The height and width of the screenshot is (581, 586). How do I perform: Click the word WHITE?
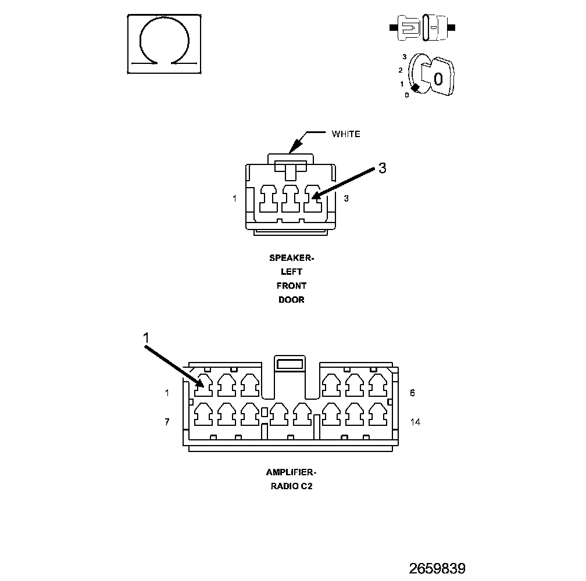[x=346, y=134]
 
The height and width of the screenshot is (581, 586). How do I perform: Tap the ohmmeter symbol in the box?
[x=165, y=45]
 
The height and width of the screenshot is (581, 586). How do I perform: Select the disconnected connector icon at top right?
[x=423, y=28]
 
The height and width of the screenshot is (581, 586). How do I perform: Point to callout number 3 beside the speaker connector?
[x=382, y=168]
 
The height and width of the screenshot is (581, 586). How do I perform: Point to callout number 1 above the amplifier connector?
[x=146, y=338]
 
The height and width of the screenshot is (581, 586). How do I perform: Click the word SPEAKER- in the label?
[x=291, y=257]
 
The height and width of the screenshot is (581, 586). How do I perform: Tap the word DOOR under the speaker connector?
[x=291, y=300]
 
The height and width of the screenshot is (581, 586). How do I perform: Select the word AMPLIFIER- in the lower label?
[x=291, y=472]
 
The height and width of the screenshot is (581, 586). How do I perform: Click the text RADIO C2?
[x=291, y=487]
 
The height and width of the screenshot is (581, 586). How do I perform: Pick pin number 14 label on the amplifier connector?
[x=415, y=422]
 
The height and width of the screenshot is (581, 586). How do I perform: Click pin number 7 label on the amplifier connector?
[x=167, y=422]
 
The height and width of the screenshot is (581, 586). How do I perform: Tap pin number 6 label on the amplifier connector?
[x=412, y=393]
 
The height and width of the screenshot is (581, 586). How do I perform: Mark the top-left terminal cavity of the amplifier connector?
[x=203, y=383]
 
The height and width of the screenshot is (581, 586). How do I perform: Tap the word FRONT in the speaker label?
[x=291, y=286]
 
